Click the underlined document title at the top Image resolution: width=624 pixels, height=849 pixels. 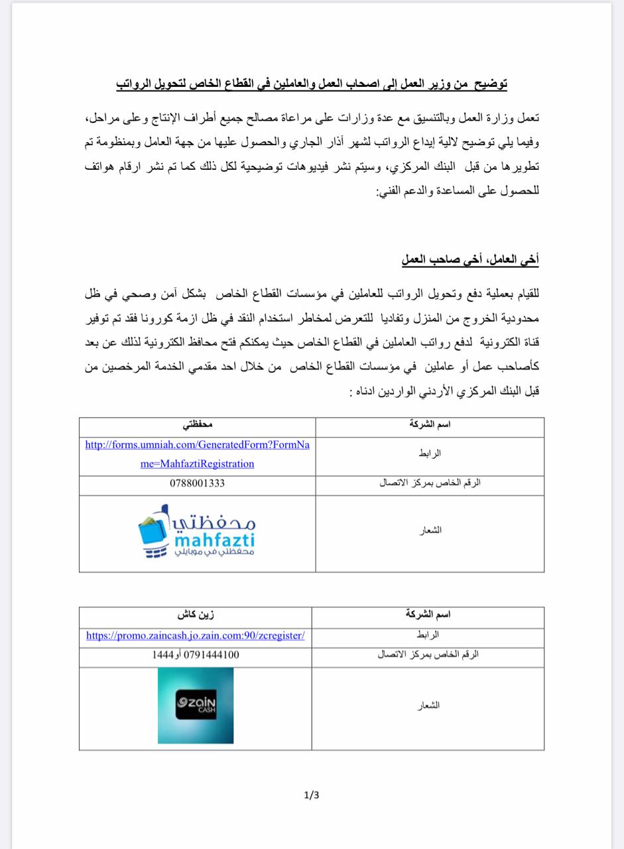click(312, 84)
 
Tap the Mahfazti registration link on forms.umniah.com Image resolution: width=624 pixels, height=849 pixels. click(197, 454)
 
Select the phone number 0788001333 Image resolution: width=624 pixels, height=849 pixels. click(197, 484)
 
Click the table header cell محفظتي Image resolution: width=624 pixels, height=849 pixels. click(197, 424)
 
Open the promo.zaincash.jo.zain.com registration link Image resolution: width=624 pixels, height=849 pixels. click(196, 635)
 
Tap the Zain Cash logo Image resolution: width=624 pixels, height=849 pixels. click(196, 705)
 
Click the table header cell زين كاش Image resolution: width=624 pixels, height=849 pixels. click(196, 615)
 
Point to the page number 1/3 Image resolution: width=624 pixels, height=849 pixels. click(312, 795)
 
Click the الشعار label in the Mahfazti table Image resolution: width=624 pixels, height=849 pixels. click(430, 531)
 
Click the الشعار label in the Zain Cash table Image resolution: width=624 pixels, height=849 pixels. click(428, 706)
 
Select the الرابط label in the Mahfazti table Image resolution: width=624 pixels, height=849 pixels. click(430, 454)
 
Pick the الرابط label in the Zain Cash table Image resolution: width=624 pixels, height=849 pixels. click(428, 635)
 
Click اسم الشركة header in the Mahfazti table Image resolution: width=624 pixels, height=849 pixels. click(430, 424)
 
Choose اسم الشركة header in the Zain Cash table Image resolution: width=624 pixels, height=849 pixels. click(428, 615)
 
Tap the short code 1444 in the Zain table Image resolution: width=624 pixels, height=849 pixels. click(163, 655)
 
